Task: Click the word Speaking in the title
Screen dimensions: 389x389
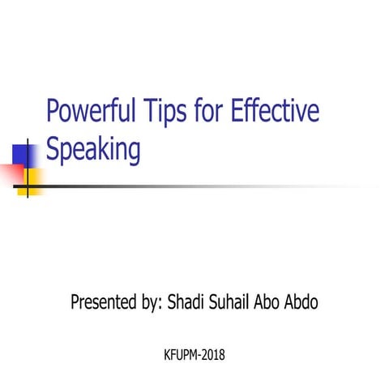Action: (94, 152)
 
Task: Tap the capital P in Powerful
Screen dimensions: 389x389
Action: (53, 111)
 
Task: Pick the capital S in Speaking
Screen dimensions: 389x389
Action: (53, 150)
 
